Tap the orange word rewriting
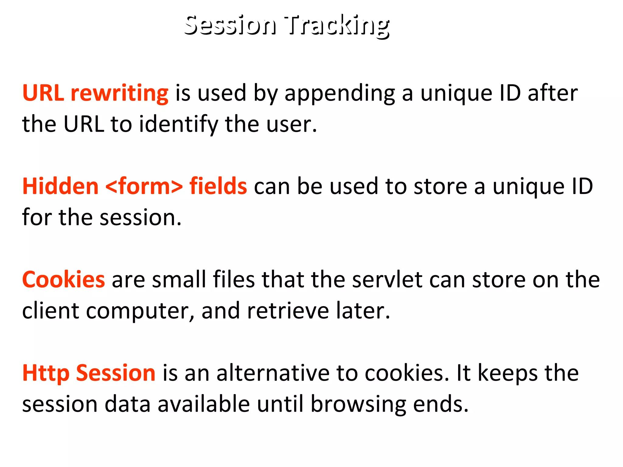tap(119, 93)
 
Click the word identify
tap(178, 125)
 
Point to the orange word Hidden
tap(60, 186)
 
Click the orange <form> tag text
tap(144, 186)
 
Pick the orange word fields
tap(218, 186)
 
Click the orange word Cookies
tap(64, 279)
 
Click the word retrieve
tap(288, 311)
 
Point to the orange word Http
tap(46, 374)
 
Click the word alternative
tap(273, 373)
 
